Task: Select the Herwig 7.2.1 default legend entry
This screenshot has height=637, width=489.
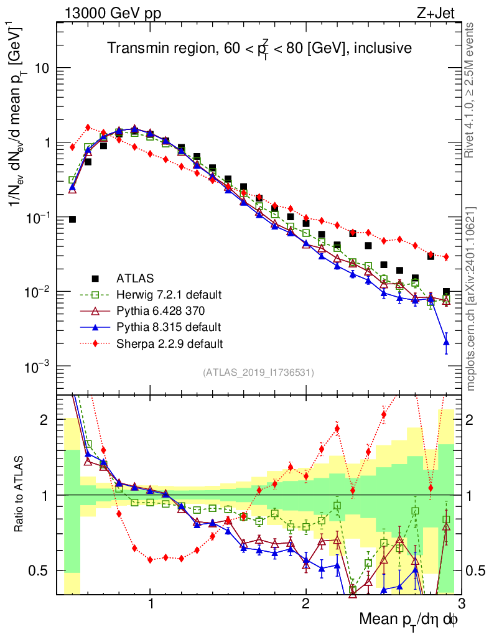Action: point(169,294)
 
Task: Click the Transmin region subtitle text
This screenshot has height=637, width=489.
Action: point(259,48)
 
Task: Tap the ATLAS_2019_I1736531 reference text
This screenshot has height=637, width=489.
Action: point(258,373)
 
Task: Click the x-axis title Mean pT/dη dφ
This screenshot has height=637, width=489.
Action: point(410,619)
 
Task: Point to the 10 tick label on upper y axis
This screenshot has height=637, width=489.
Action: point(41,68)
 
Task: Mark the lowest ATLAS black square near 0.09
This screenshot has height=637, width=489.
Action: point(72,219)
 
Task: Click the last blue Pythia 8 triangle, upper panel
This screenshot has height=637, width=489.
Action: point(446,342)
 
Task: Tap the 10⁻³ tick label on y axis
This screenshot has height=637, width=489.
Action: point(38,367)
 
